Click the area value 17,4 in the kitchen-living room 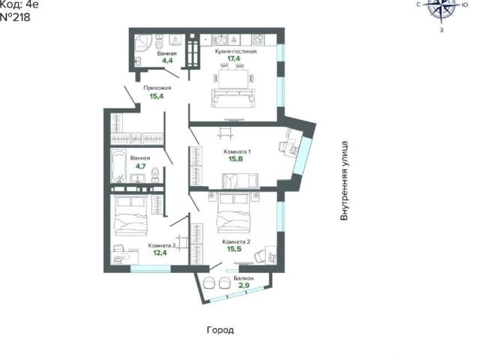(x=233, y=58)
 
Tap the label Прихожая (x=157, y=88)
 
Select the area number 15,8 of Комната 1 (x=235, y=159)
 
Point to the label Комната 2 (x=236, y=241)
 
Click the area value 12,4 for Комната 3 (x=160, y=253)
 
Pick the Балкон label (x=243, y=278)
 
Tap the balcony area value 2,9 (x=244, y=286)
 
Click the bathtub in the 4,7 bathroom (x=118, y=166)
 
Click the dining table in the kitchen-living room (x=233, y=78)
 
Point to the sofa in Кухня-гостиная (x=233, y=98)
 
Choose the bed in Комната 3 (x=130, y=215)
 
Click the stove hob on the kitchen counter (x=257, y=39)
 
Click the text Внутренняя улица (x=344, y=181)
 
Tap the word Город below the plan (x=220, y=330)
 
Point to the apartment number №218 (x=15, y=17)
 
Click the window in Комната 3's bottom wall (x=151, y=268)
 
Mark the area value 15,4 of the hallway (x=157, y=96)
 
